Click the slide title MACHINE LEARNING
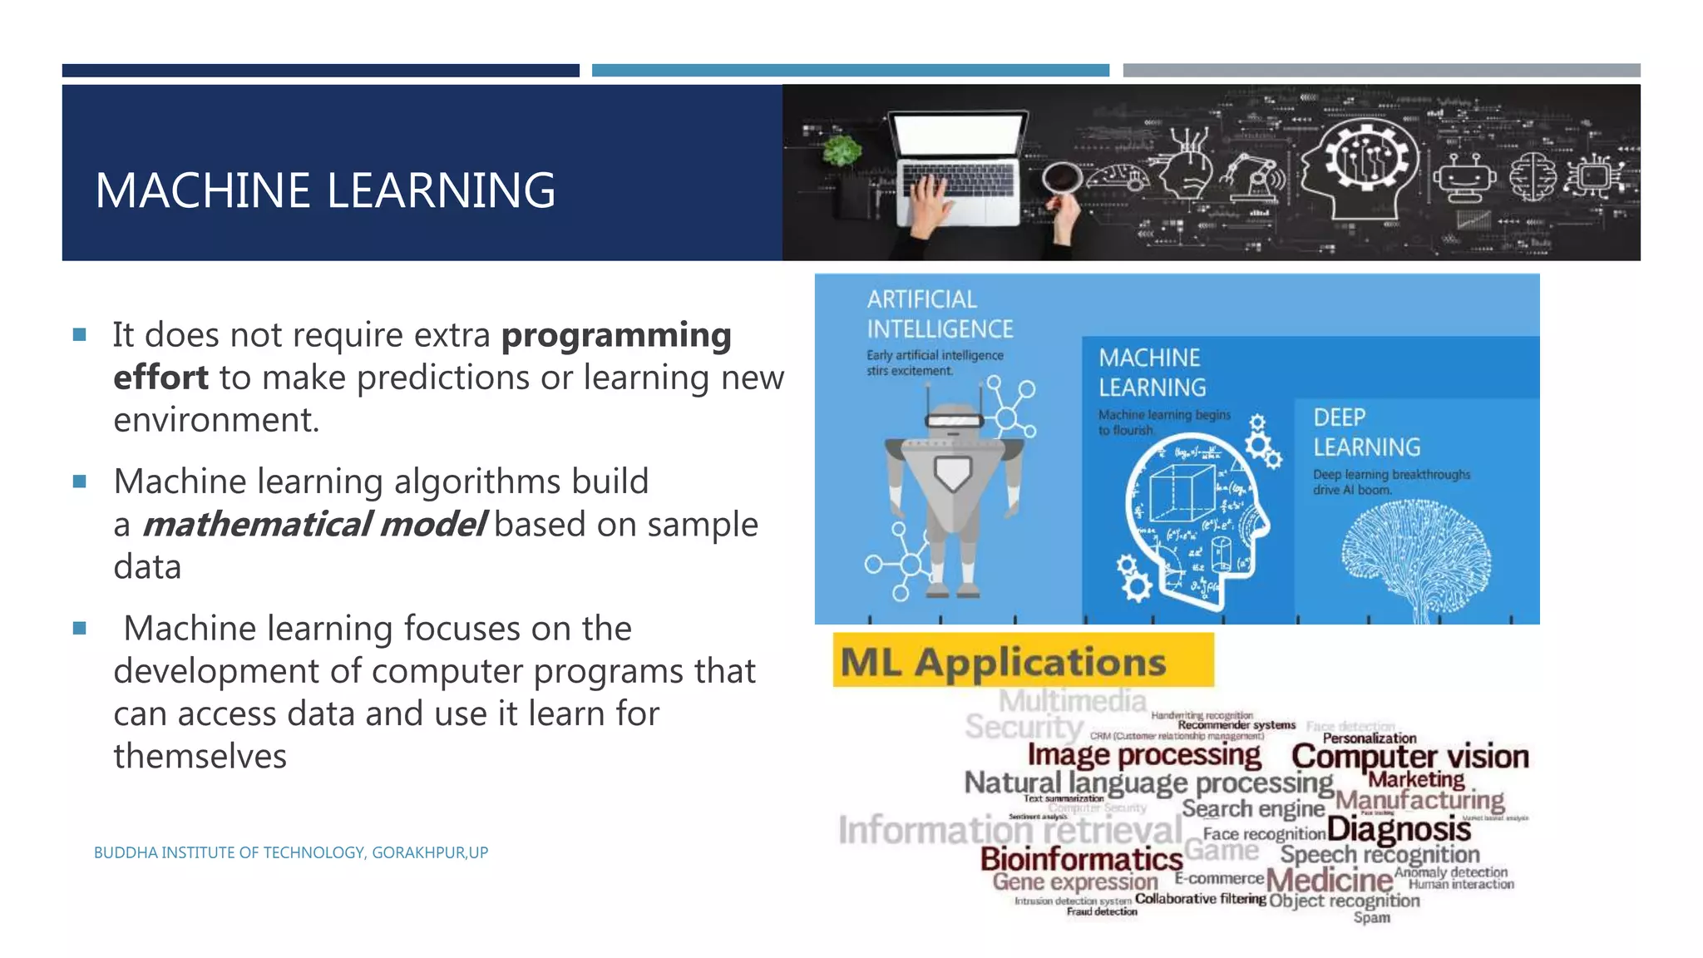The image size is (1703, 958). click(325, 190)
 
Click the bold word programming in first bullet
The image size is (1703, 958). click(616, 335)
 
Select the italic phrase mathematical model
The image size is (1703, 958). click(314, 525)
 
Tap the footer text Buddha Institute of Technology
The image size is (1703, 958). click(290, 852)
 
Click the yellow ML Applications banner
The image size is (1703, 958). click(1023, 661)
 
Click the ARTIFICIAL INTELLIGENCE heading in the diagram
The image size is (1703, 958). click(940, 314)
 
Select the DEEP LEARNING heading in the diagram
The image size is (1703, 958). click(1366, 432)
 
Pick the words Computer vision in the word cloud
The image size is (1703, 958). click(1409, 756)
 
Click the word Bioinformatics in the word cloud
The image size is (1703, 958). click(1081, 858)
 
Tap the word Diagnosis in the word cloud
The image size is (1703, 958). click(1399, 828)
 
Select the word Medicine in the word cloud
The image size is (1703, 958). click(1329, 880)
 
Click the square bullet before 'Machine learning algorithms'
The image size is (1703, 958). click(80, 481)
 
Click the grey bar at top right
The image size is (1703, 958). click(1381, 71)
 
